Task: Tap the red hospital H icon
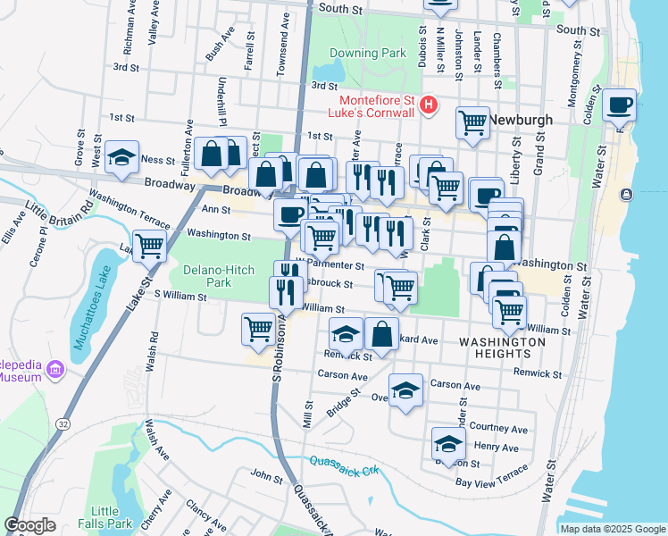[x=429, y=105]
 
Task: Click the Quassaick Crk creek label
[x=342, y=466]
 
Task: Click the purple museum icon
[x=56, y=370]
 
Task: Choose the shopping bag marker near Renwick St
[x=381, y=335]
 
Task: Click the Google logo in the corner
[x=30, y=524]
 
